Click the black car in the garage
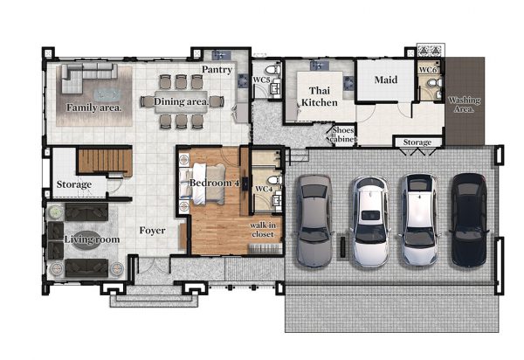click(469, 220)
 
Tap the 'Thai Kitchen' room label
click(320, 96)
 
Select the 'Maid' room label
click(386, 80)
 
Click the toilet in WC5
click(272, 70)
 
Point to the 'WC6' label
click(427, 70)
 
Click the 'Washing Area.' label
click(465, 104)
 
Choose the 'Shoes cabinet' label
click(343, 134)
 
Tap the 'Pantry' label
click(217, 70)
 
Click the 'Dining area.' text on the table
click(182, 101)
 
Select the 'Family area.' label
click(94, 107)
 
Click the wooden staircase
click(105, 162)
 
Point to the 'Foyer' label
click(152, 231)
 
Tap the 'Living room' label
click(92, 239)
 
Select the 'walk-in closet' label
click(263, 230)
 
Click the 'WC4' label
click(264, 190)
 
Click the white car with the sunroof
click(370, 220)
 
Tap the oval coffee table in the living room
click(86, 240)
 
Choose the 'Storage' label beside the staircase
click(74, 184)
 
